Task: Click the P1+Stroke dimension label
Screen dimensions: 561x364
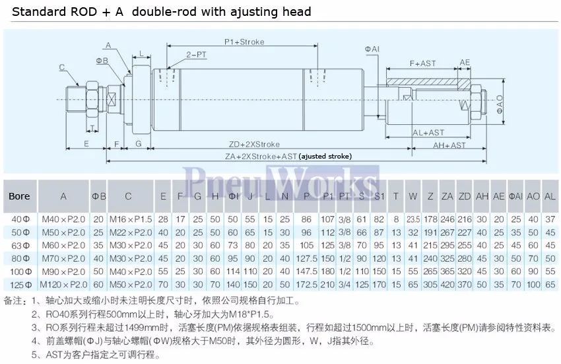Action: click(x=244, y=42)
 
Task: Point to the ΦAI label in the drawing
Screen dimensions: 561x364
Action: click(x=372, y=50)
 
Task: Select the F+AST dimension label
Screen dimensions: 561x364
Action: click(x=422, y=63)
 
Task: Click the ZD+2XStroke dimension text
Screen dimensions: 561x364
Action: click(x=254, y=144)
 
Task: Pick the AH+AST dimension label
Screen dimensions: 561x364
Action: click(x=449, y=145)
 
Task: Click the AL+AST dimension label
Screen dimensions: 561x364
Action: click(x=428, y=133)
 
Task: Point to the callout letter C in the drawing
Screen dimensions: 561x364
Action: click(x=61, y=67)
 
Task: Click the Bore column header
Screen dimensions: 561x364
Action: click(x=19, y=196)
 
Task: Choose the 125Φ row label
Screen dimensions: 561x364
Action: click(x=20, y=285)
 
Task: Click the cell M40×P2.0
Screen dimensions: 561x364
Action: click(x=63, y=219)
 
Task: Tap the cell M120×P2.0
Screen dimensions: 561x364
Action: click(x=63, y=285)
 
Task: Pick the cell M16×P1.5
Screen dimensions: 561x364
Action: click(x=129, y=219)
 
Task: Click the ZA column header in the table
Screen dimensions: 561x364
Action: click(x=447, y=196)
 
